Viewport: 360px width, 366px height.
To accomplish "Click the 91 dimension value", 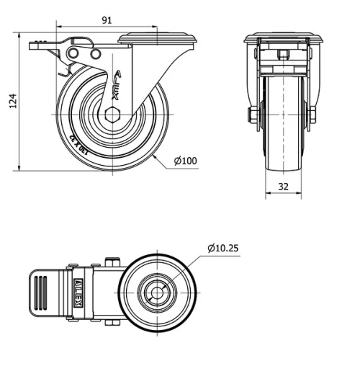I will (106, 21).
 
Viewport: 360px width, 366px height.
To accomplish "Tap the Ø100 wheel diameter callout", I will (185, 161).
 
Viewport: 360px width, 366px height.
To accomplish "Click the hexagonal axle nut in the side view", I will (112, 115).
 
